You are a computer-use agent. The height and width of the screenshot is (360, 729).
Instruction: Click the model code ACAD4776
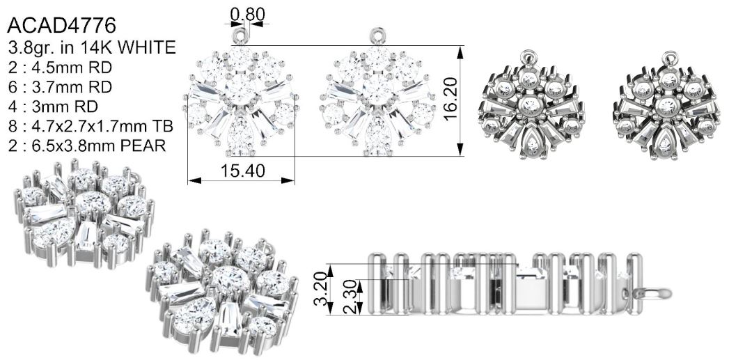pyautogui.click(x=61, y=25)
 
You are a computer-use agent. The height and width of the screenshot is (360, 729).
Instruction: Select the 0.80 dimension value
pyautogui.click(x=248, y=15)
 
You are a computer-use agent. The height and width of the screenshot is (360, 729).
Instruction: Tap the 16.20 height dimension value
pyautogui.click(x=450, y=99)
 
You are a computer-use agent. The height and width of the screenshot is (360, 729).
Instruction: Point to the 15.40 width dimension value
pyautogui.click(x=243, y=171)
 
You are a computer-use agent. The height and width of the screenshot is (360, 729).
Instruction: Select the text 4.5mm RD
pyautogui.click(x=72, y=68)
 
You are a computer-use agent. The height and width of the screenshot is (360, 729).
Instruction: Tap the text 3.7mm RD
pyautogui.click(x=72, y=87)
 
